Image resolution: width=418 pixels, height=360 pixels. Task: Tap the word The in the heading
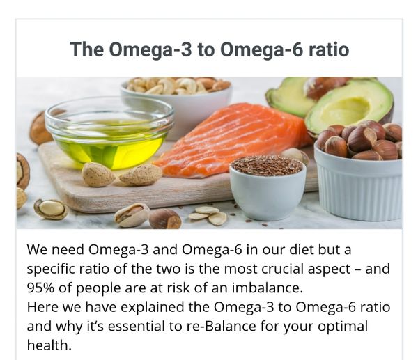(86, 49)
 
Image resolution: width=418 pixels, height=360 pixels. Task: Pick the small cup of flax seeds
(268, 187)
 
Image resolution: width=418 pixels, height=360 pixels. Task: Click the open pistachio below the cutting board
(132, 215)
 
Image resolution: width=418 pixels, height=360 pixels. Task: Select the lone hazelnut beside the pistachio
(164, 219)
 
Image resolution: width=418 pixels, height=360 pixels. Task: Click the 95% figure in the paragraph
(40, 288)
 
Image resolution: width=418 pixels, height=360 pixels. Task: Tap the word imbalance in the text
(267, 288)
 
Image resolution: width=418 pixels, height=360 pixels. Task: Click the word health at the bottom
(49, 345)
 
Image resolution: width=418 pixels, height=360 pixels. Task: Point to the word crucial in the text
(283, 269)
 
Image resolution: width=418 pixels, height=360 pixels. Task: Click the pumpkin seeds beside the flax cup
(208, 215)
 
